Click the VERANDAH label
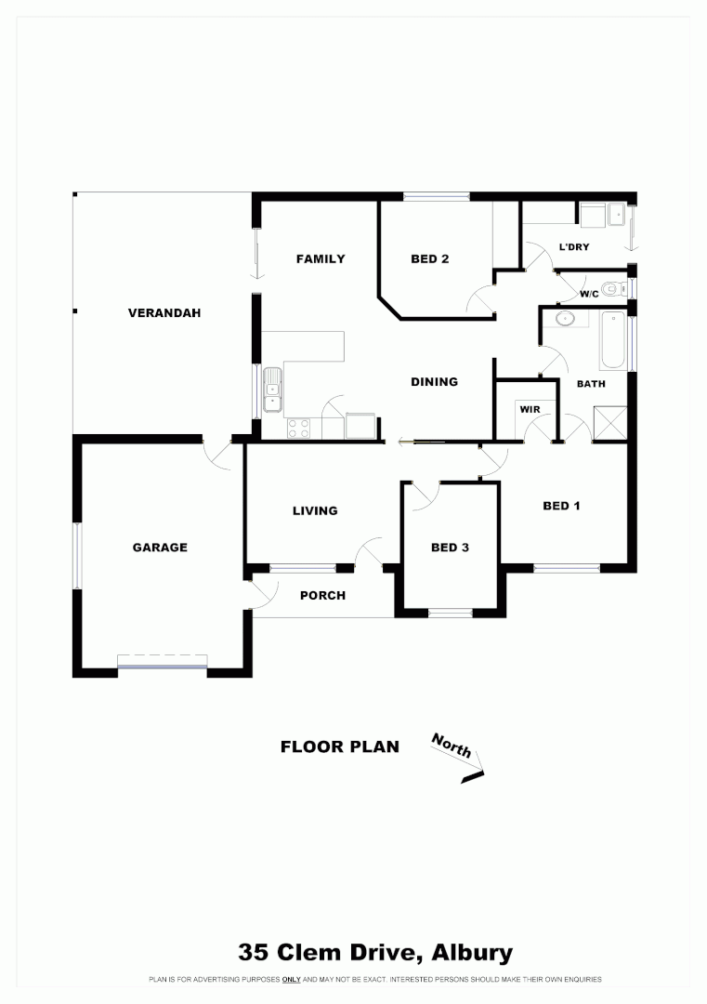(x=164, y=313)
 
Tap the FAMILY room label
(x=321, y=259)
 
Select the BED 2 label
(x=430, y=259)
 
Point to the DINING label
(x=435, y=381)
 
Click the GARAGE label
(x=160, y=548)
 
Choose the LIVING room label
(x=315, y=510)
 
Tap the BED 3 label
(x=450, y=548)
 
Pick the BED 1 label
(x=561, y=507)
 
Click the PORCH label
(x=322, y=595)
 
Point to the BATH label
(x=591, y=383)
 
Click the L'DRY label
(x=574, y=247)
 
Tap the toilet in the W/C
(x=610, y=289)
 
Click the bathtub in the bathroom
(x=612, y=341)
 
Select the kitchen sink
(x=273, y=390)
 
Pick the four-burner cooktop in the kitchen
(x=299, y=428)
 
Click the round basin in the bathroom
(x=563, y=319)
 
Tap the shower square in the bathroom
(x=609, y=422)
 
